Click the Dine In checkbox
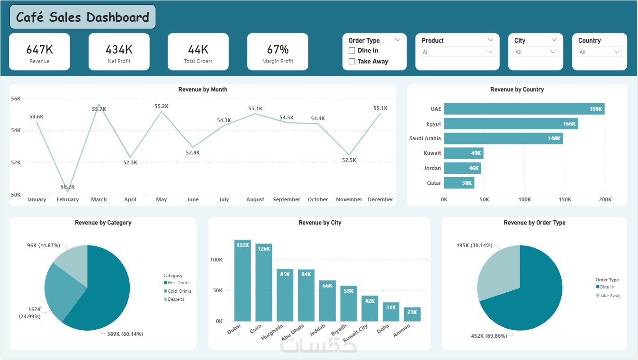pos(352,51)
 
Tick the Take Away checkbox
pos(352,61)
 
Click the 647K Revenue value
pos(39,49)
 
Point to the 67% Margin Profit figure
pos(278,49)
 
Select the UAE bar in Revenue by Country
pos(524,109)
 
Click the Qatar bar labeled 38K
pos(458,183)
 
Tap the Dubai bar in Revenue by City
pos(243,280)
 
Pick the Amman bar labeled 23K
pos(412,314)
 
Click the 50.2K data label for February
pos(68,187)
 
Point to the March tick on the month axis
pos(99,199)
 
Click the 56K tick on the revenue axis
pos(16,99)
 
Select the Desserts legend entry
pos(176,299)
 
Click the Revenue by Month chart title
pos(203,90)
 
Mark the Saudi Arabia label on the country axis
pos(425,138)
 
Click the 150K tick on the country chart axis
pos(566,199)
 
